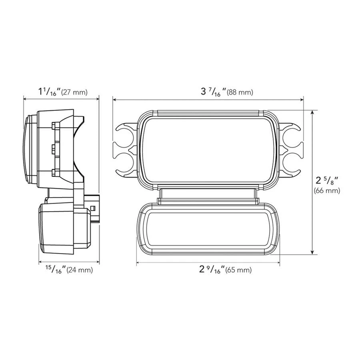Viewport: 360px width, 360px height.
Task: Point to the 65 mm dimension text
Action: (238, 270)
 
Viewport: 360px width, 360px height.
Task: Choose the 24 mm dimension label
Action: (80, 270)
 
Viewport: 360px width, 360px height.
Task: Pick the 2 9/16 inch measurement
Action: (211, 269)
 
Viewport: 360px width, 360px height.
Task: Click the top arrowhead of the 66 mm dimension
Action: (313, 113)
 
